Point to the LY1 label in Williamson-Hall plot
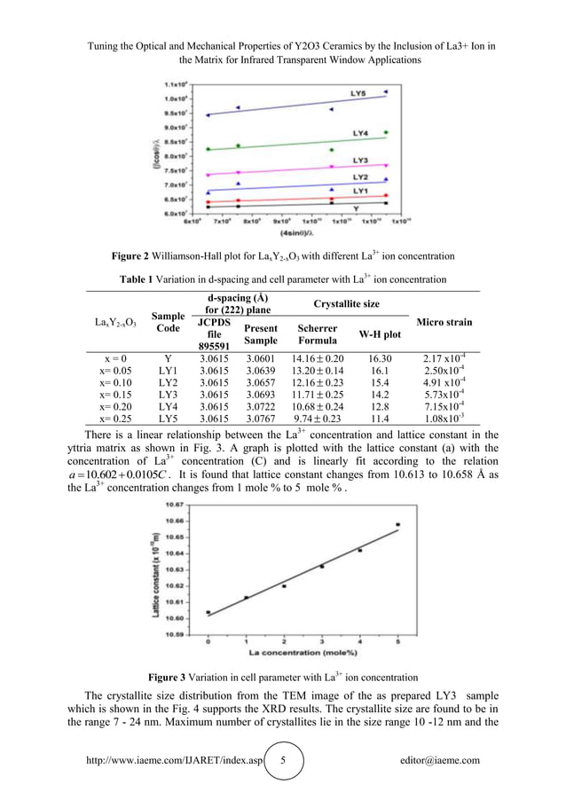pyautogui.click(x=360, y=191)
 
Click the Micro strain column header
pyautogui.click(x=443, y=322)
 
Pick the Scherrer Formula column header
pyautogui.click(x=317, y=333)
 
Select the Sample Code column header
pyautogui.click(x=168, y=322)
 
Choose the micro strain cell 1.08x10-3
pyautogui.click(x=443, y=419)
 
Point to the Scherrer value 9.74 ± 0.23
pyautogui.click(x=317, y=419)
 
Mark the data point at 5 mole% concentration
pyautogui.click(x=397, y=524)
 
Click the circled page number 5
pyautogui.click(x=284, y=760)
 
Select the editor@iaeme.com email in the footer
pyautogui.click(x=441, y=760)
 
